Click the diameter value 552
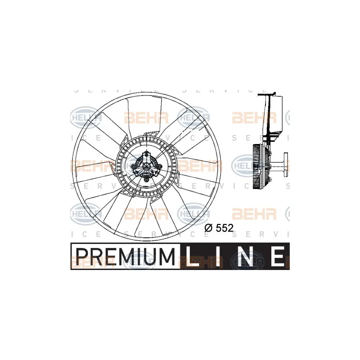224,228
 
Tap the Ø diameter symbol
208,228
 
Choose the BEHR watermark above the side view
253,118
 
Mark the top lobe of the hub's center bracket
147,157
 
